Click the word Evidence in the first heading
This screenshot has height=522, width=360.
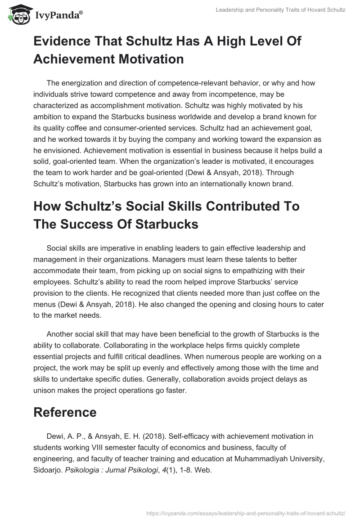tap(63, 42)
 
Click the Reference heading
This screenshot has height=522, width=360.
tap(65, 412)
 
